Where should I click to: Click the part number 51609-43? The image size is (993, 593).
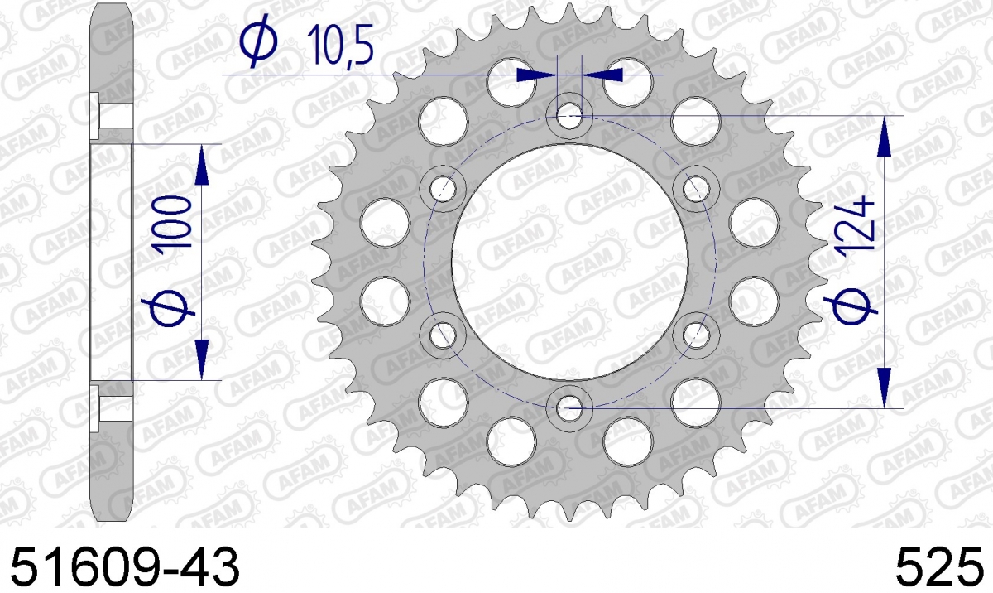(x=125, y=567)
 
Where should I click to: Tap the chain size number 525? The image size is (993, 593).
(x=939, y=567)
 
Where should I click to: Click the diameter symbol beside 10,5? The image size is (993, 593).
(x=259, y=41)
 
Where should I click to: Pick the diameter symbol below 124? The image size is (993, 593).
(x=851, y=307)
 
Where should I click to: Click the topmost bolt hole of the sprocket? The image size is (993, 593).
(x=569, y=116)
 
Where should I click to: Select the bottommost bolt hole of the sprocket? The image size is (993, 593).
(x=569, y=407)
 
